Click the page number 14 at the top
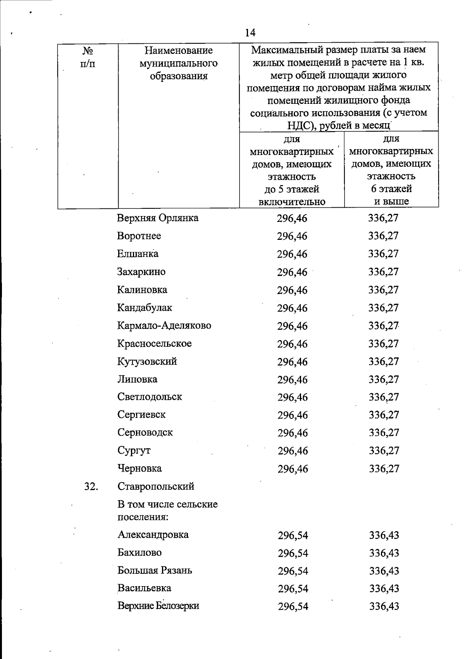pyautogui.click(x=250, y=33)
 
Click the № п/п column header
pyautogui.click(x=88, y=57)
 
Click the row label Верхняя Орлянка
pyautogui.click(x=158, y=218)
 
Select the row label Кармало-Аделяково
pyautogui.click(x=164, y=325)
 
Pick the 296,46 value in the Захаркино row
pyautogui.click(x=292, y=272)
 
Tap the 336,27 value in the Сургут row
pyautogui.click(x=384, y=451)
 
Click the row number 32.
pyautogui.click(x=90, y=486)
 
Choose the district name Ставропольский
pyautogui.click(x=156, y=486)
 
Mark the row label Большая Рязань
pyautogui.click(x=155, y=570)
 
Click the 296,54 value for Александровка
pyautogui.click(x=293, y=535)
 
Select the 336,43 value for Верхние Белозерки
pyautogui.click(x=384, y=606)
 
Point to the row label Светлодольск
pyautogui.click(x=150, y=397)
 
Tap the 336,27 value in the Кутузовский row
pyautogui.click(x=384, y=361)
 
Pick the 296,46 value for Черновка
pyautogui.click(x=293, y=469)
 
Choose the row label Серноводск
pyautogui.click(x=145, y=432)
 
